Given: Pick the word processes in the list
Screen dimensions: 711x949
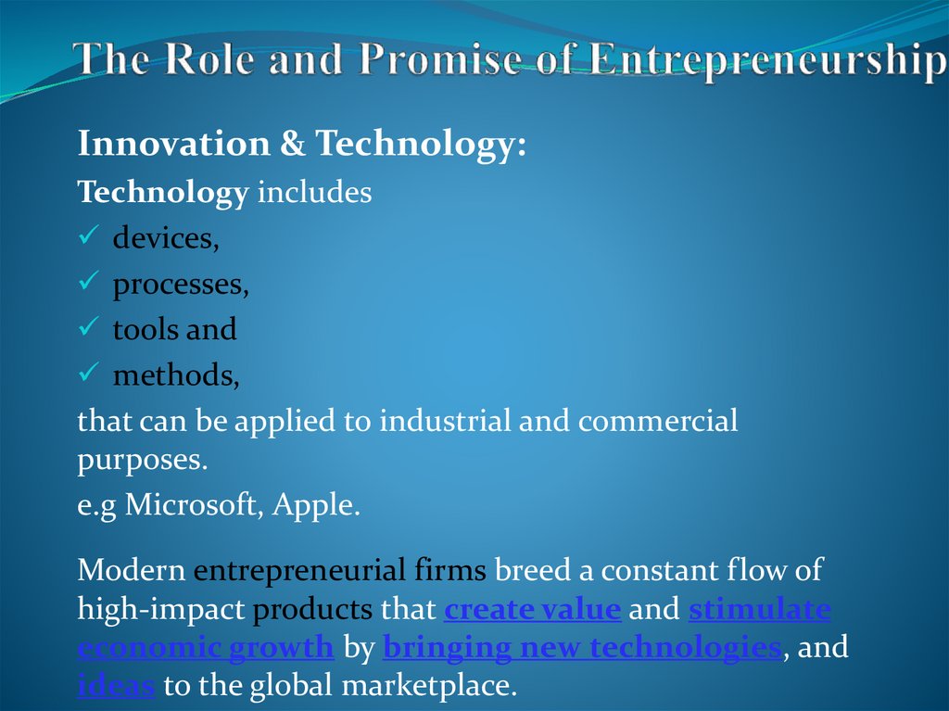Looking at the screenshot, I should [180, 285].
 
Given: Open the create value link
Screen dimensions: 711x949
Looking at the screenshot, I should [532, 610].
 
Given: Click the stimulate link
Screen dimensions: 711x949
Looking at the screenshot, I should [760, 610].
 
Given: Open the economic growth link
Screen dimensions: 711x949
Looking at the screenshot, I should [205, 647].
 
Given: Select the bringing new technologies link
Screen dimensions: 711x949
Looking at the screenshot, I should [581, 647].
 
